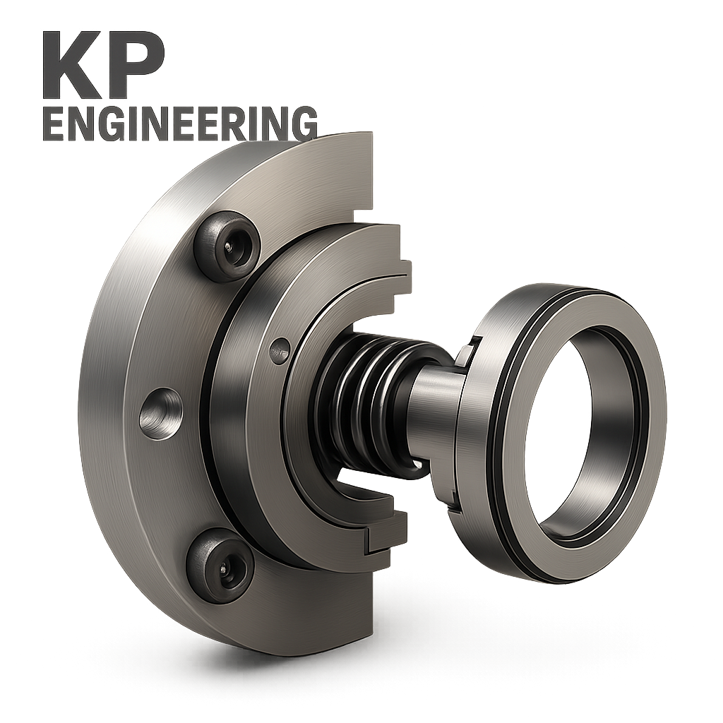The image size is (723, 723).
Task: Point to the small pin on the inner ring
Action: click(x=280, y=347)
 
